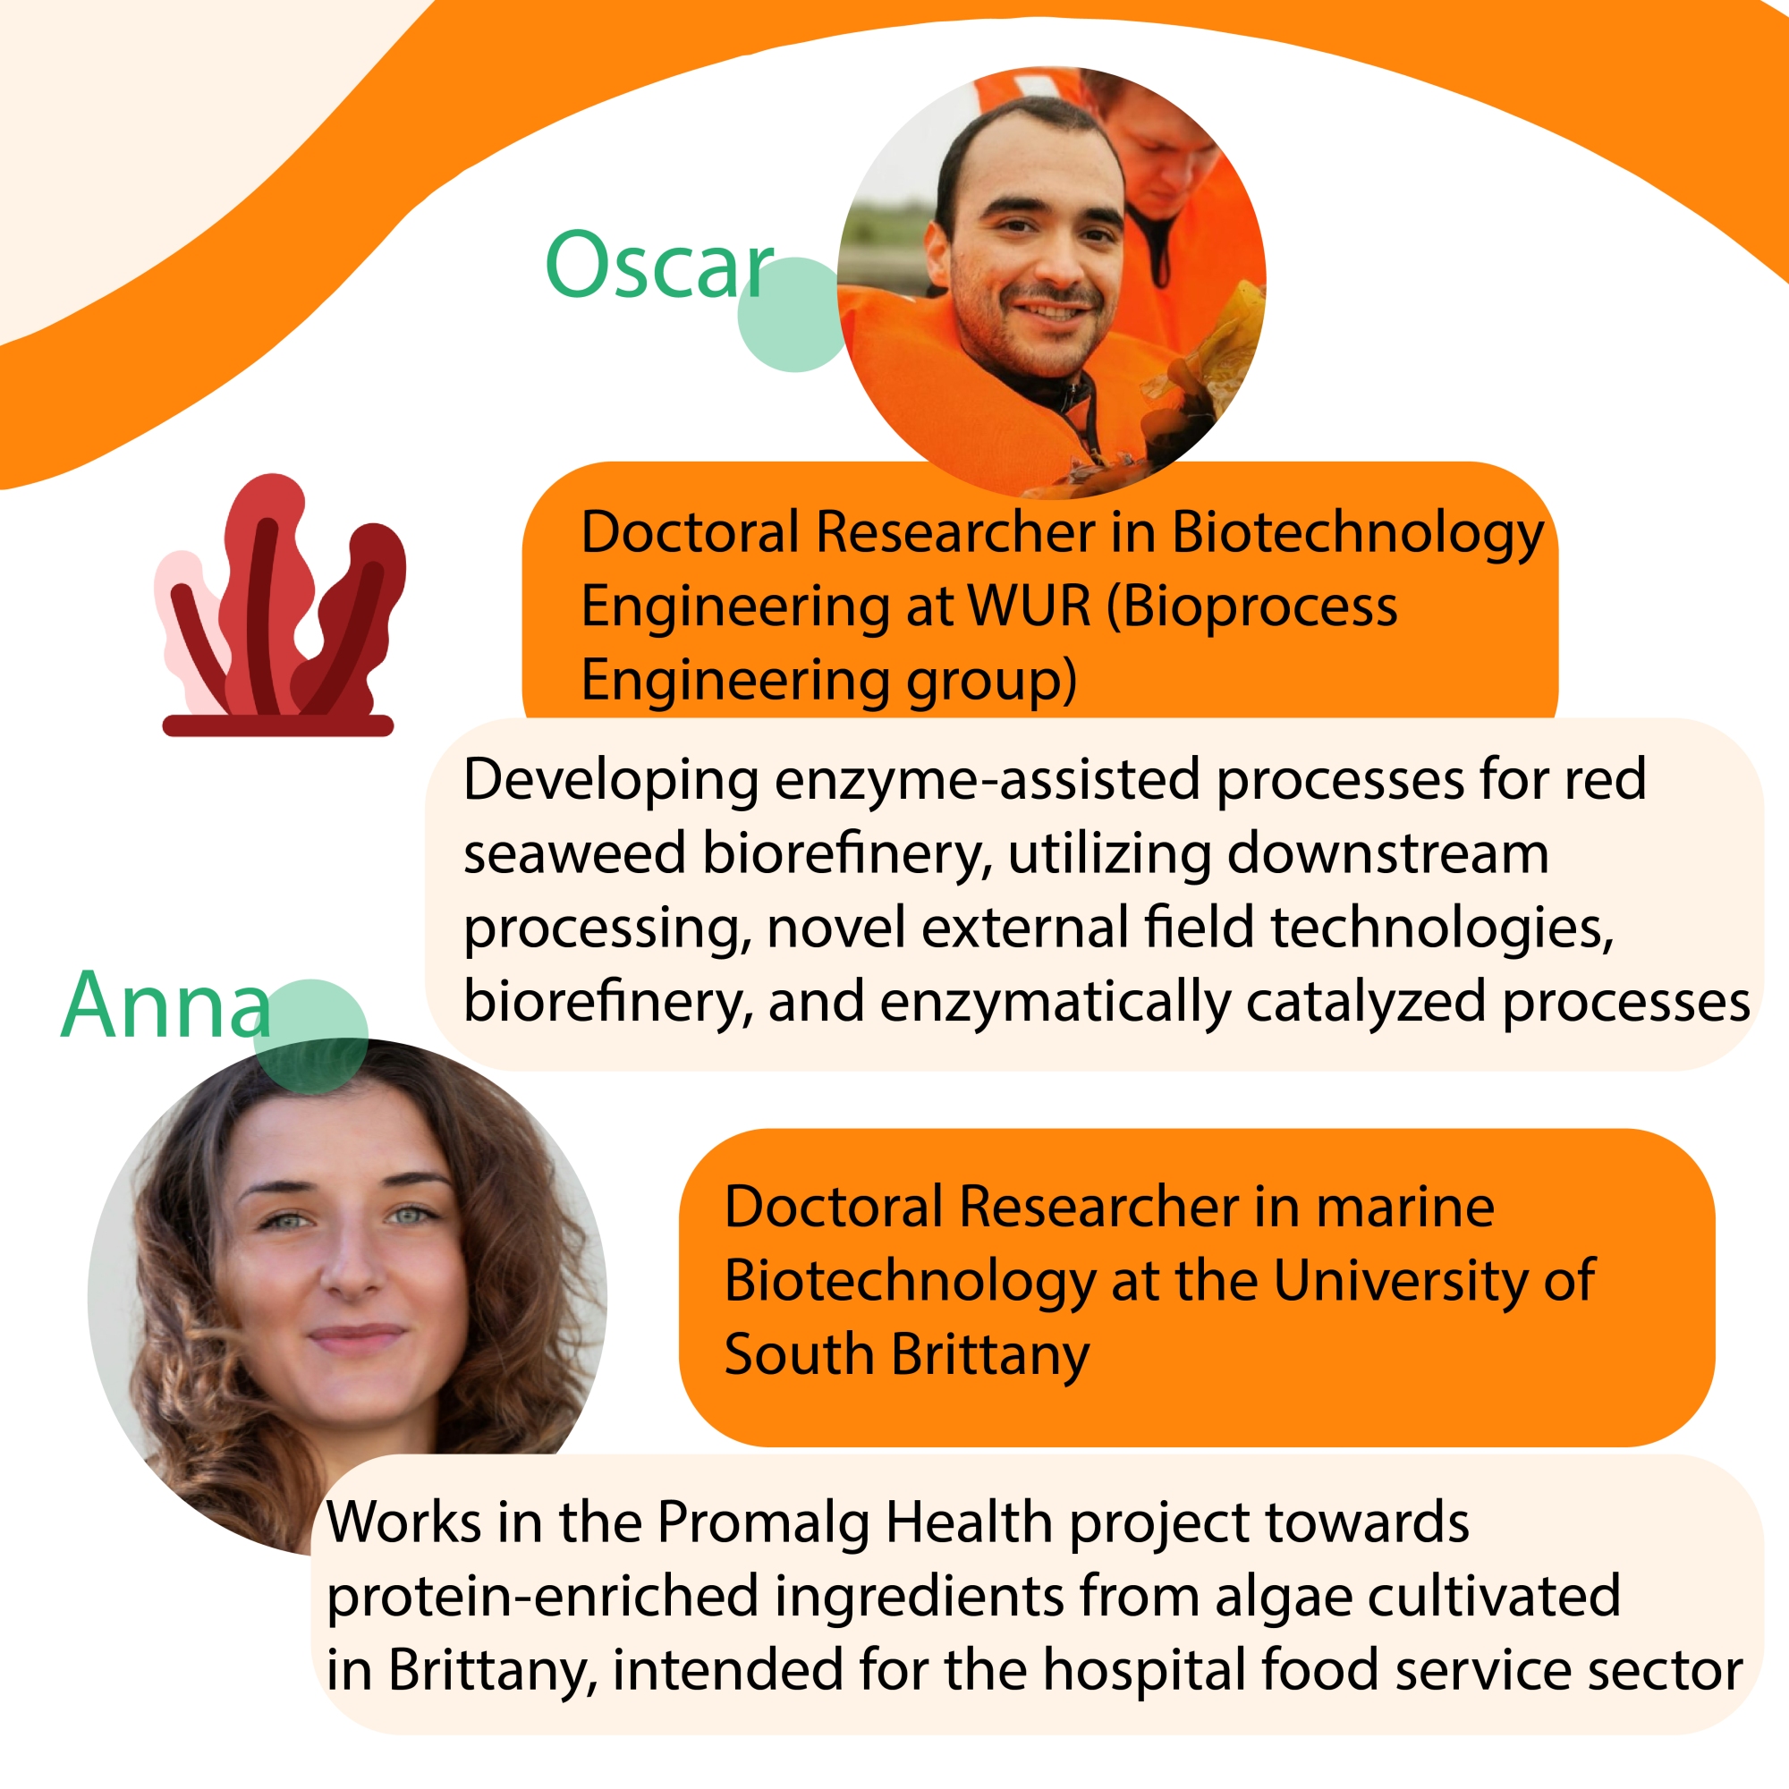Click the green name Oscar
tap(659, 265)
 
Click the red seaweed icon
tap(280, 606)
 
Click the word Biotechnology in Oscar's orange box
tap(1358, 534)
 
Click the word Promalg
tap(764, 1524)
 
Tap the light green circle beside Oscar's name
tap(794, 315)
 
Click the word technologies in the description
tap(1443, 928)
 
